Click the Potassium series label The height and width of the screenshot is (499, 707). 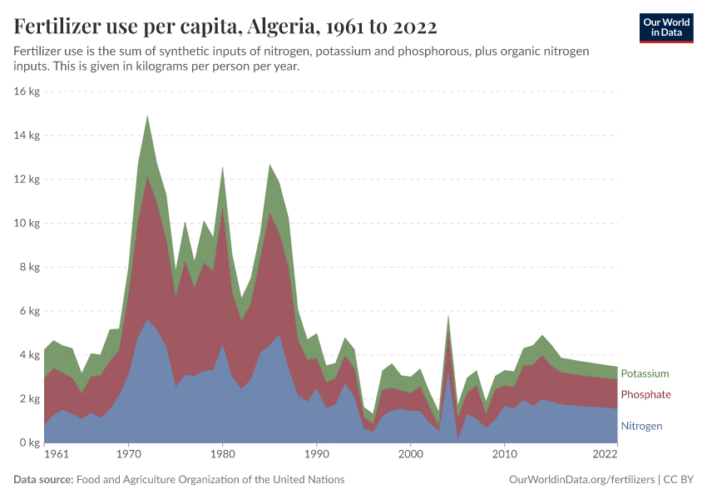pyautogui.click(x=645, y=374)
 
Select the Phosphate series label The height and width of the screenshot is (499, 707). pyautogui.click(x=645, y=394)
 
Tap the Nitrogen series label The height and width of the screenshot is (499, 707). pyautogui.click(x=641, y=426)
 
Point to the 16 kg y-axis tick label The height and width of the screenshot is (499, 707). pyautogui.click(x=27, y=91)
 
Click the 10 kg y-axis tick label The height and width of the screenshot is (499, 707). pyautogui.click(x=27, y=223)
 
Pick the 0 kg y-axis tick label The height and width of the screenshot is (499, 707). pyautogui.click(x=30, y=443)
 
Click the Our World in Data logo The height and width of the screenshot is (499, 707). pyautogui.click(x=666, y=27)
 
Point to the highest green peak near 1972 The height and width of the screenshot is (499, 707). pyautogui.click(x=147, y=116)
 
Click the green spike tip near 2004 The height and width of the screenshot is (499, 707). pyautogui.click(x=448, y=315)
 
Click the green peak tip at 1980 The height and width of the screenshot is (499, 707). pyautogui.click(x=222, y=166)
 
